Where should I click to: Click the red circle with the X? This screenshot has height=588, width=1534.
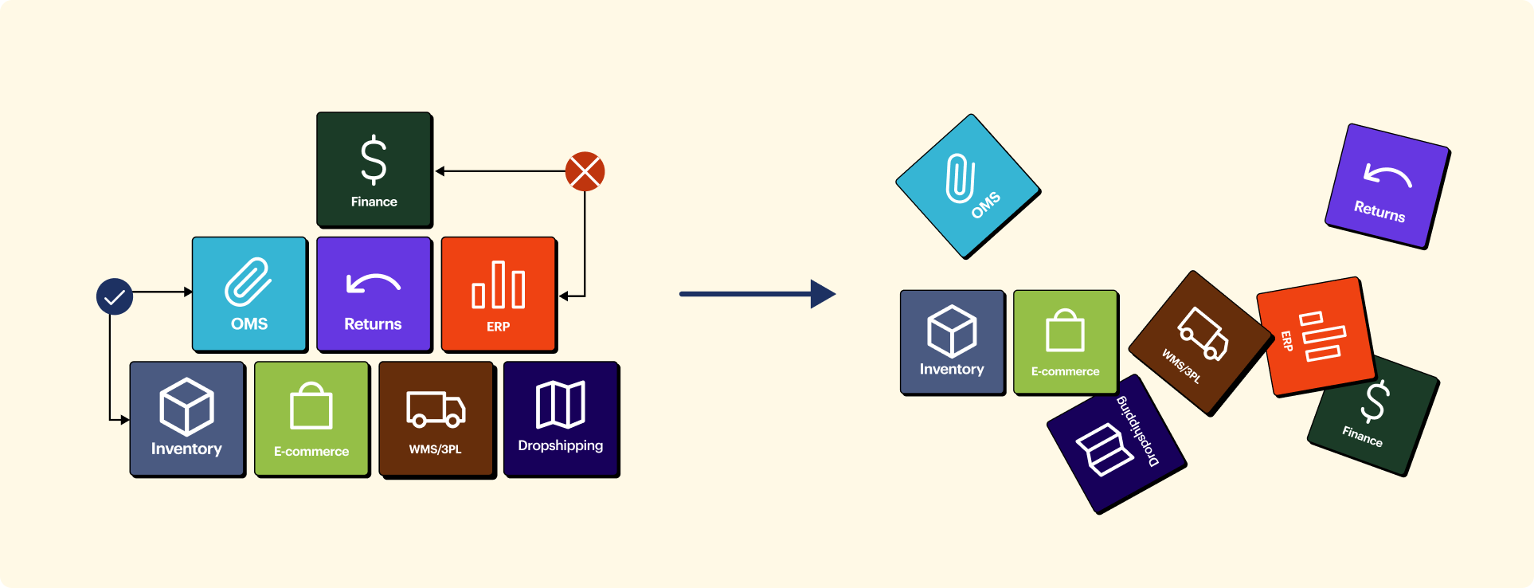[x=585, y=171]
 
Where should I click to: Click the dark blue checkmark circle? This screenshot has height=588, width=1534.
[x=115, y=296]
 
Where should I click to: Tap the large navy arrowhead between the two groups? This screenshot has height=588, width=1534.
[x=823, y=294]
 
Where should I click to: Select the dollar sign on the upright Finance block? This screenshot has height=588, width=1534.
[x=374, y=160]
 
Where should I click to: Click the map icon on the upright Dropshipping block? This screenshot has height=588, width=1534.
[x=561, y=405]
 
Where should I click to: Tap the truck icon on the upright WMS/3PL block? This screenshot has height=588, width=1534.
[x=436, y=409]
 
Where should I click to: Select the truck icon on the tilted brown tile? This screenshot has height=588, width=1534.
[x=1203, y=333]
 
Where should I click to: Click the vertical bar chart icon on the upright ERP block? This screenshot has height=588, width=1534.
[x=499, y=285]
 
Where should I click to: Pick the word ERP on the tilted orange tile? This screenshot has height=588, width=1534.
[x=1286, y=341]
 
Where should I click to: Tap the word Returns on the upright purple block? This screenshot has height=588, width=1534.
[x=373, y=324]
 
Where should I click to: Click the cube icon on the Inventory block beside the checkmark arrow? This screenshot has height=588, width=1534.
[x=186, y=406]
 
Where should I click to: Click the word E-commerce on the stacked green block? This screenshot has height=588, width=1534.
[x=311, y=451]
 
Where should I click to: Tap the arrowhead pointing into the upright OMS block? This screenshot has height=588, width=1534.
[x=188, y=292]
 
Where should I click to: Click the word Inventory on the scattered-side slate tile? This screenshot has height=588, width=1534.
[x=952, y=369]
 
